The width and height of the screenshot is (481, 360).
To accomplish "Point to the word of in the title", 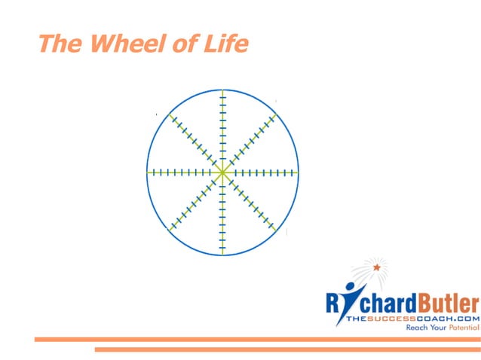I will pyautogui.click(x=184, y=44).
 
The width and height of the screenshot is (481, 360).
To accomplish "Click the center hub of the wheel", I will pyautogui.click(x=222, y=172).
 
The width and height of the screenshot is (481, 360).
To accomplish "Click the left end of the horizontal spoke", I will pyautogui.click(x=148, y=172).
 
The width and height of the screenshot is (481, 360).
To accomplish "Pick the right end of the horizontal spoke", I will pyautogui.click(x=298, y=172).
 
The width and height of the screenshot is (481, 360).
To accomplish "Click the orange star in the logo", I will pyautogui.click(x=377, y=267).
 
